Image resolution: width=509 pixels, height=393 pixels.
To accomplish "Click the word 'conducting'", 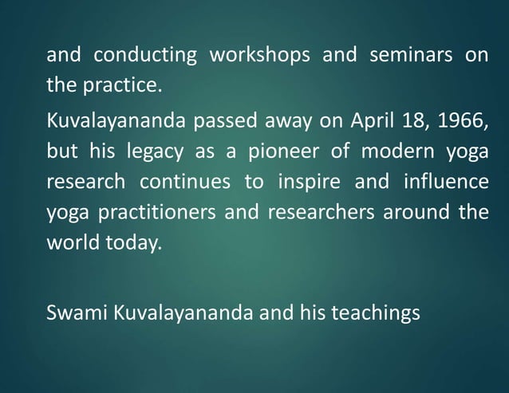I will pyautogui.click(x=145, y=57).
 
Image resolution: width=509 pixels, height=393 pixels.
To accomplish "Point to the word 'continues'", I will pyautogui.click(x=184, y=182).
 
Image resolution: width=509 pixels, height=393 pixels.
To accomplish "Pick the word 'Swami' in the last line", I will pyautogui.click(x=77, y=313).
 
